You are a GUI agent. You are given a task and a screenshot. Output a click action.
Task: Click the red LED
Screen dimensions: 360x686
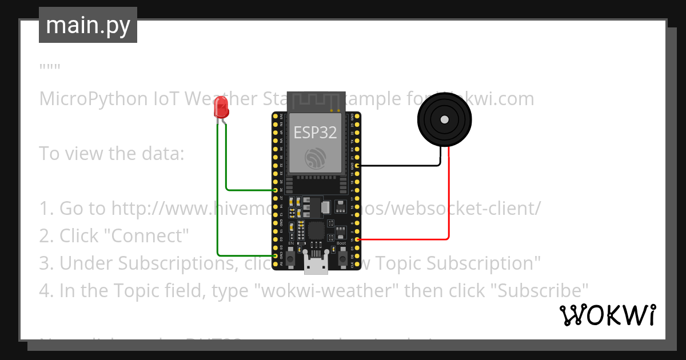pos(220,107)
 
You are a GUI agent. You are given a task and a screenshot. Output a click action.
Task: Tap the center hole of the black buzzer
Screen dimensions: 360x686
pos(444,119)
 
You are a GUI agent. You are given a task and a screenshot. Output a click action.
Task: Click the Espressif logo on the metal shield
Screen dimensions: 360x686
pos(316,158)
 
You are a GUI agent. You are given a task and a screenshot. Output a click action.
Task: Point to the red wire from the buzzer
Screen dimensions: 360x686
pos(449,200)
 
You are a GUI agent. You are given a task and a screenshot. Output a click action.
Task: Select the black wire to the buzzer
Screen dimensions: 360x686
pos(400,166)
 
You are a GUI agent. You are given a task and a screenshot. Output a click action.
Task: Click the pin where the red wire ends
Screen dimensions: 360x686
pos(357,239)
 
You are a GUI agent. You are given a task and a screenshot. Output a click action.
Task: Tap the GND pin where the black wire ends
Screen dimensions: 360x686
pos(357,166)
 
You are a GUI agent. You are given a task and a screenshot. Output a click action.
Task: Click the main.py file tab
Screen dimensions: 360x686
pos(88,25)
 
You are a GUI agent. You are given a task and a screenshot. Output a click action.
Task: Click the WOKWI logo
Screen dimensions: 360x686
pos(607,315)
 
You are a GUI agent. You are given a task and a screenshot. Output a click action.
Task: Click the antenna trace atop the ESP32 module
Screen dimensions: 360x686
pos(316,101)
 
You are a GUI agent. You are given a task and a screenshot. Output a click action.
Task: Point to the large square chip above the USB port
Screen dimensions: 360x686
pos(316,231)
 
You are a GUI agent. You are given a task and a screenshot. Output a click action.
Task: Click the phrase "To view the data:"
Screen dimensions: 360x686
pos(111,153)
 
